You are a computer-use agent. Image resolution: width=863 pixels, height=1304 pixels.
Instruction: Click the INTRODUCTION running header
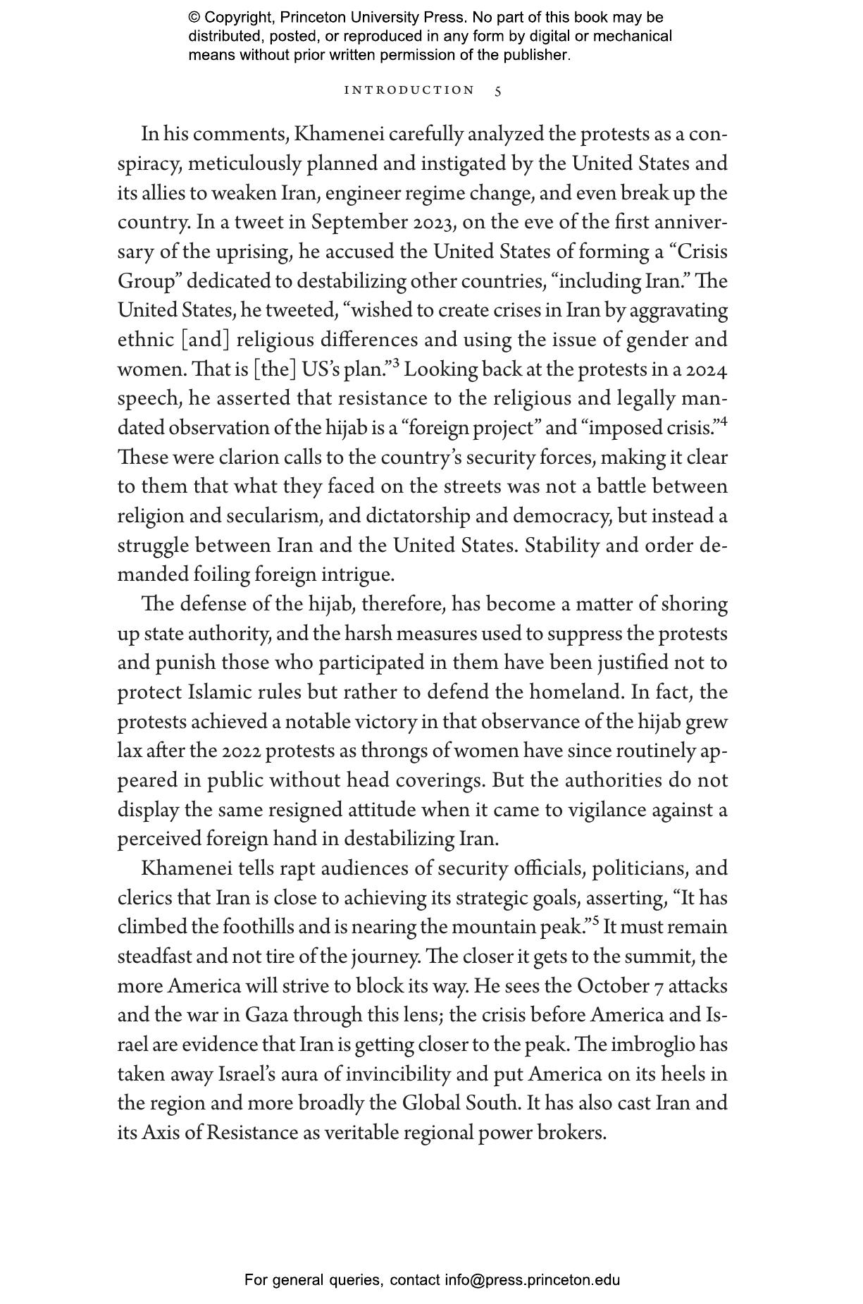[409, 90]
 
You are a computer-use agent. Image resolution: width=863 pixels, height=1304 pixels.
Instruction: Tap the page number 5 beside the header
[498, 91]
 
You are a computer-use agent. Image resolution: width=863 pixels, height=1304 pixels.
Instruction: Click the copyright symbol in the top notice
[194, 18]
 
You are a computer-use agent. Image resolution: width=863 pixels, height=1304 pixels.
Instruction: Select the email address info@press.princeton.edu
[532, 1280]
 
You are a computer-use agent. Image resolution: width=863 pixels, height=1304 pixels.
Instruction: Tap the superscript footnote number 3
[396, 364]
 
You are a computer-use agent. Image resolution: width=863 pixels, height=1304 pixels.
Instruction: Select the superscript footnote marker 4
[724, 422]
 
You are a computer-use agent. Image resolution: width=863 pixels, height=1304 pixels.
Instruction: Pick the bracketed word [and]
[205, 340]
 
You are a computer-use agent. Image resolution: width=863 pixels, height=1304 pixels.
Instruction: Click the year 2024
[707, 369]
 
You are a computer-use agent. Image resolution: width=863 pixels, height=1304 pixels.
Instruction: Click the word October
[614, 986]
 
